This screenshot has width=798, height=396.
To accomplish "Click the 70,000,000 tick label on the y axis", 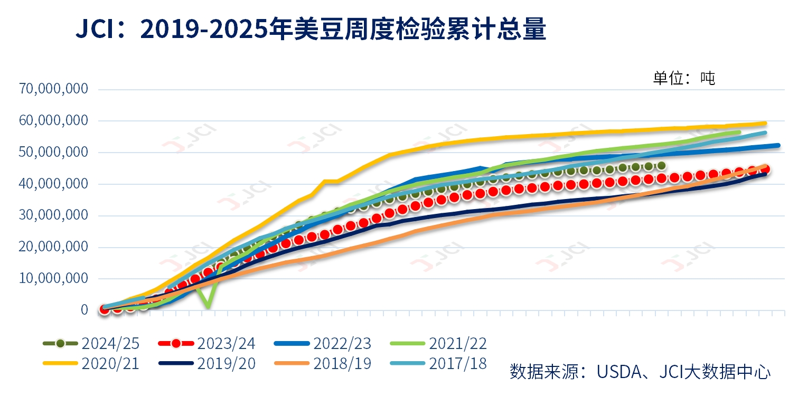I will (x=53, y=89).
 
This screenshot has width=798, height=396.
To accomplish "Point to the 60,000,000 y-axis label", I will (x=53, y=121).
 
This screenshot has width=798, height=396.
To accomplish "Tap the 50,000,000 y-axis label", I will (x=53, y=153).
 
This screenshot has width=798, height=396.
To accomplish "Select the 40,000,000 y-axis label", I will (x=53, y=184).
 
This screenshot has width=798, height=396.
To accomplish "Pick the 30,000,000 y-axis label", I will (x=53, y=216).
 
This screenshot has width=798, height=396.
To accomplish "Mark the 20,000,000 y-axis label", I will (x=53, y=247).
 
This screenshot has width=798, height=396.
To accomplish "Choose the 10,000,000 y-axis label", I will (x=53, y=279).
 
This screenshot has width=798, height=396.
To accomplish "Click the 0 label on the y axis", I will (x=84, y=310).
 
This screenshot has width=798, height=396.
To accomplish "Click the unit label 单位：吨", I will (x=683, y=79).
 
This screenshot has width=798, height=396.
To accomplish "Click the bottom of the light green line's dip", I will (x=209, y=307).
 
